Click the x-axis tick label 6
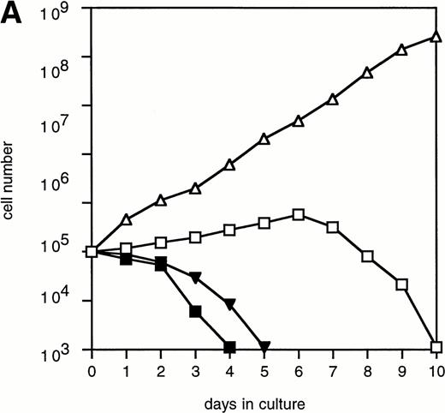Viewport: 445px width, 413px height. [x=298, y=371]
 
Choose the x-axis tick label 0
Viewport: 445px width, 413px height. [x=92, y=371]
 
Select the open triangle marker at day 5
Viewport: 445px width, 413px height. [x=264, y=139]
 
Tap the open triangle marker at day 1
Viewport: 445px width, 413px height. [x=126, y=220]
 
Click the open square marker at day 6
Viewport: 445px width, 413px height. [x=298, y=214]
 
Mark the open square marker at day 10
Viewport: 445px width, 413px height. [x=436, y=347]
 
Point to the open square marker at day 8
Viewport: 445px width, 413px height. [x=367, y=255]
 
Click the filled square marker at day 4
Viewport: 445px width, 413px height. [x=229, y=347]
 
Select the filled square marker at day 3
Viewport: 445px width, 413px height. [x=195, y=311]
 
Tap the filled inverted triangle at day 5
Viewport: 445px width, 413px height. [x=264, y=346]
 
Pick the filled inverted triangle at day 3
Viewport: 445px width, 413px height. [x=195, y=278]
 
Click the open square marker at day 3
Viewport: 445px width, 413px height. [x=195, y=236]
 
